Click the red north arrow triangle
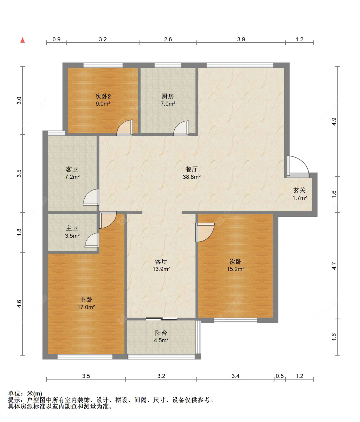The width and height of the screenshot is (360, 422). click(23, 40)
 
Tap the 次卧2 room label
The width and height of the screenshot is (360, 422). click(103, 96)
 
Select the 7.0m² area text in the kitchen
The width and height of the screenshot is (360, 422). click(168, 104)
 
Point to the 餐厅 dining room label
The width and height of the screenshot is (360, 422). click(191, 169)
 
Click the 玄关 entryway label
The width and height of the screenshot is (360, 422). click(300, 190)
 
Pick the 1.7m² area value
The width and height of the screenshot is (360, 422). click(300, 198)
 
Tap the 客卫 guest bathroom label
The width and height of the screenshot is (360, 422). click(72, 169)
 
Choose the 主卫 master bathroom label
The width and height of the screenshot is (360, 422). click(72, 228)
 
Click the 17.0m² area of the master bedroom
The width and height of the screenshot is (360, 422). click(86, 307)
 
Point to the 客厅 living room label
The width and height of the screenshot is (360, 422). click(161, 261)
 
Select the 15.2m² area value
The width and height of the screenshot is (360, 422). click(236, 269)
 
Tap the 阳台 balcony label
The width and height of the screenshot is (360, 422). click(161, 333)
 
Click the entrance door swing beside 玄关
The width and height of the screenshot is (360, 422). click(298, 167)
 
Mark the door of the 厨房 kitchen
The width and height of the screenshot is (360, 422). click(181, 128)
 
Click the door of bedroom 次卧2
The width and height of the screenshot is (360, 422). click(125, 128)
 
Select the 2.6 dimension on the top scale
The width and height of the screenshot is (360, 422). click(168, 39)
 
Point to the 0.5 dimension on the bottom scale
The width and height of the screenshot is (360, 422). click(280, 376)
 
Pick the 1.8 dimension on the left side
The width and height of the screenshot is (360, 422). click(19, 232)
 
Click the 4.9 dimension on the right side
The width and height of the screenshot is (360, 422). click(334, 122)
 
